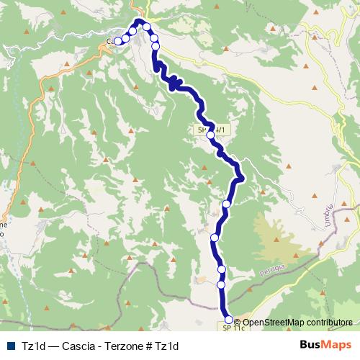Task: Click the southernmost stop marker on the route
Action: (229, 319)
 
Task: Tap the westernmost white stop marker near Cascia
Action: (118, 41)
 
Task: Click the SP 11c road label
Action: (230, 328)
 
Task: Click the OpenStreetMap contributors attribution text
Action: (296, 323)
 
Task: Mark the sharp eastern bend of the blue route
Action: (242, 176)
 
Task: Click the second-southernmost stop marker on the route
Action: (222, 285)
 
